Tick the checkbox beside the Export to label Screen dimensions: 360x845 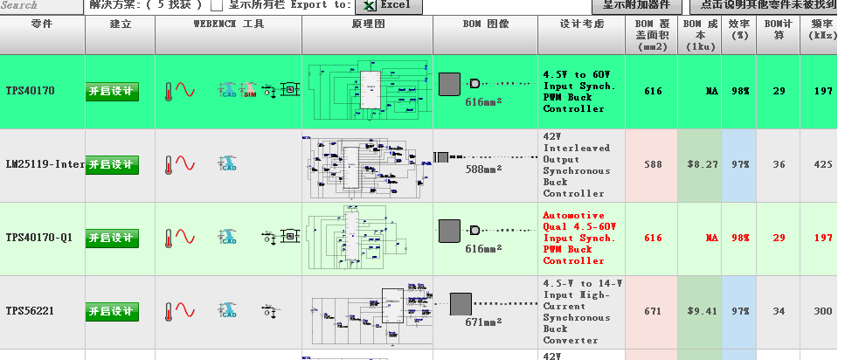click(217, 5)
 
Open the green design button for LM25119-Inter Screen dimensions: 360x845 click(112, 165)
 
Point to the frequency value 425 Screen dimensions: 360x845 click(821, 163)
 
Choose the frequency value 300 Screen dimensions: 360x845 click(821, 310)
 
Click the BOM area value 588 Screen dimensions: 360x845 click(652, 163)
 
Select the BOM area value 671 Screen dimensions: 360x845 click(652, 310)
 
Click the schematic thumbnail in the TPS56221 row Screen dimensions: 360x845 click(367, 311)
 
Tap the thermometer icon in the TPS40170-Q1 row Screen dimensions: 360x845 click(169, 238)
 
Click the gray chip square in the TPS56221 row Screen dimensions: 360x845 click(460, 304)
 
